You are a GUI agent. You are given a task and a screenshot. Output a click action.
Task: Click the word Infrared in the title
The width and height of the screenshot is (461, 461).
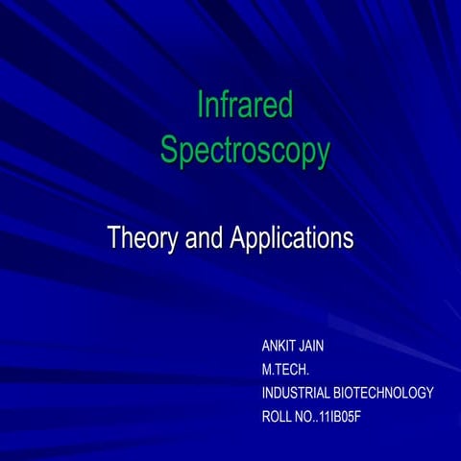point(245,106)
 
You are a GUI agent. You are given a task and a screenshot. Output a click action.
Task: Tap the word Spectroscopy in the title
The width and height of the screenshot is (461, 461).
point(245,151)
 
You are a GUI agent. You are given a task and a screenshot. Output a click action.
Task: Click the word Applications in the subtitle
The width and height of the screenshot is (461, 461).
point(292,237)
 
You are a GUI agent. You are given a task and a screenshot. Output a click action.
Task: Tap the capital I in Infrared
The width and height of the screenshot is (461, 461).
point(200,106)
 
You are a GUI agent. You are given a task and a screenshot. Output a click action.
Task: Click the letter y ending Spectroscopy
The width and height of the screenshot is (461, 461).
point(322,154)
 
